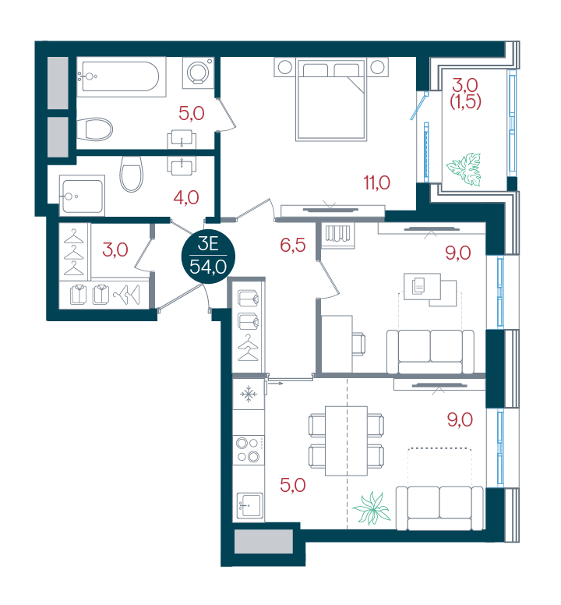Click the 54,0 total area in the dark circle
208,267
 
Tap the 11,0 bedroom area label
376,182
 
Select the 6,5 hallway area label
293,245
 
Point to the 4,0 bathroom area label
186,198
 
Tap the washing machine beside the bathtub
198,73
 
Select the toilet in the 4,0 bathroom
132,174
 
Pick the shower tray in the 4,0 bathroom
82,196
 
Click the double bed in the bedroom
331,100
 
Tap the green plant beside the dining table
372,508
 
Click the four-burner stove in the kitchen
249,450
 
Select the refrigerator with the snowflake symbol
249,394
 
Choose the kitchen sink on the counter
250,505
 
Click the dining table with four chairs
346,440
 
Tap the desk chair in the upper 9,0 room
358,343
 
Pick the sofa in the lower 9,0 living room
439,508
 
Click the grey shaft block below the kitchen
263,542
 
